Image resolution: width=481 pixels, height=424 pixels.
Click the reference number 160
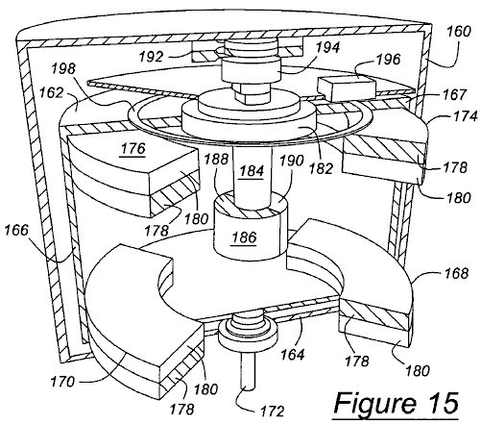pyautogui.click(x=459, y=32)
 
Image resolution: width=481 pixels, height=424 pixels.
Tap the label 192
pyautogui.click(x=151, y=57)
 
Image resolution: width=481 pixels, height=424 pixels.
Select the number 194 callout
pyautogui.click(x=327, y=47)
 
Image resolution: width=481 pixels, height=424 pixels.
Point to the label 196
pyautogui.click(x=388, y=60)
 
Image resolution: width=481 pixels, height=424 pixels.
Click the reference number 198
pyautogui.click(x=64, y=68)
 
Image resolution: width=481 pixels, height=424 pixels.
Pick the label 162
pyautogui.click(x=51, y=92)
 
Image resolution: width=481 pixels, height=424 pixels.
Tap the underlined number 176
pyautogui.click(x=133, y=149)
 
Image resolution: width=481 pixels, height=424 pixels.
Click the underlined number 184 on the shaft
pyautogui.click(x=252, y=171)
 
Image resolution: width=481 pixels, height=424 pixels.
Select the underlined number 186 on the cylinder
pyautogui.click(x=244, y=237)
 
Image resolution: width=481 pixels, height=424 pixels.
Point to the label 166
pyautogui.click(x=16, y=230)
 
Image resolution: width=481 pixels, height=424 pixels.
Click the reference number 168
pyautogui.click(x=456, y=273)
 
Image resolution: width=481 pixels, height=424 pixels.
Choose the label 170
pyautogui.click(x=62, y=382)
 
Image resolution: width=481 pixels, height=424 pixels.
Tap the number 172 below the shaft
pyautogui.click(x=272, y=411)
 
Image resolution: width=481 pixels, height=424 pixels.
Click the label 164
pyautogui.click(x=293, y=355)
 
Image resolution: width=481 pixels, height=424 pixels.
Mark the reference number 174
pyautogui.click(x=466, y=116)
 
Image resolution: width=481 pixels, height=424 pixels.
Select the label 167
pyautogui.click(x=455, y=94)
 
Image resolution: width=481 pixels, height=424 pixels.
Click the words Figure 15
pyautogui.click(x=397, y=403)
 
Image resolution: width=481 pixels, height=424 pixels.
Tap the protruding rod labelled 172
pyautogui.click(x=248, y=372)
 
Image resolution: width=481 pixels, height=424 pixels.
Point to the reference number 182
pyautogui.click(x=322, y=168)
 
